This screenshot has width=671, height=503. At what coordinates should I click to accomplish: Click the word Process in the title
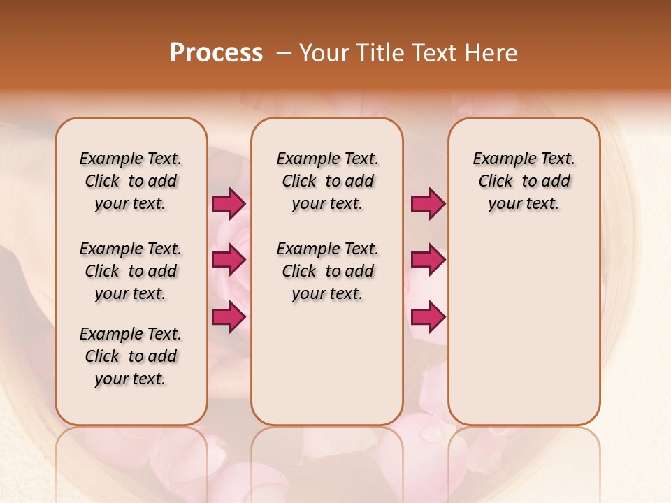tap(216, 53)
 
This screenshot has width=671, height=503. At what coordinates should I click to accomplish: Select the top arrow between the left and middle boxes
tap(229, 203)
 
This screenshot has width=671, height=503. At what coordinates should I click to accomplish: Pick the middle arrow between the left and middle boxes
tap(229, 260)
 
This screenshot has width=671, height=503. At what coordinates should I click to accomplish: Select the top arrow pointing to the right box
tap(428, 203)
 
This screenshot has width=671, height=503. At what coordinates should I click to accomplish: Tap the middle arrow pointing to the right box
tap(428, 260)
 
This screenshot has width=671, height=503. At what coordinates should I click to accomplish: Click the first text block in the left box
tap(131, 181)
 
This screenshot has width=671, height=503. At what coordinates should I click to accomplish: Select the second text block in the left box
tap(131, 271)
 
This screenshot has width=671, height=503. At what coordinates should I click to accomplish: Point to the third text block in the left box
tap(131, 356)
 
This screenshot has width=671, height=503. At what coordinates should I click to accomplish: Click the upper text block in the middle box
tap(327, 181)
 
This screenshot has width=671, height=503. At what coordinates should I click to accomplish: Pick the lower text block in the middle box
tap(327, 271)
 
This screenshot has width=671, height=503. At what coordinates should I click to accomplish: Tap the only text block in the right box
tap(524, 181)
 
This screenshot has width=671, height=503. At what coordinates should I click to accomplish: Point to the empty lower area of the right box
tap(524, 328)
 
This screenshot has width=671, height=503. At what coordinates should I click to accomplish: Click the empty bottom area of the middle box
tap(327, 370)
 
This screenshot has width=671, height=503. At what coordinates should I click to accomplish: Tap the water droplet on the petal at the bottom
tap(431, 434)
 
